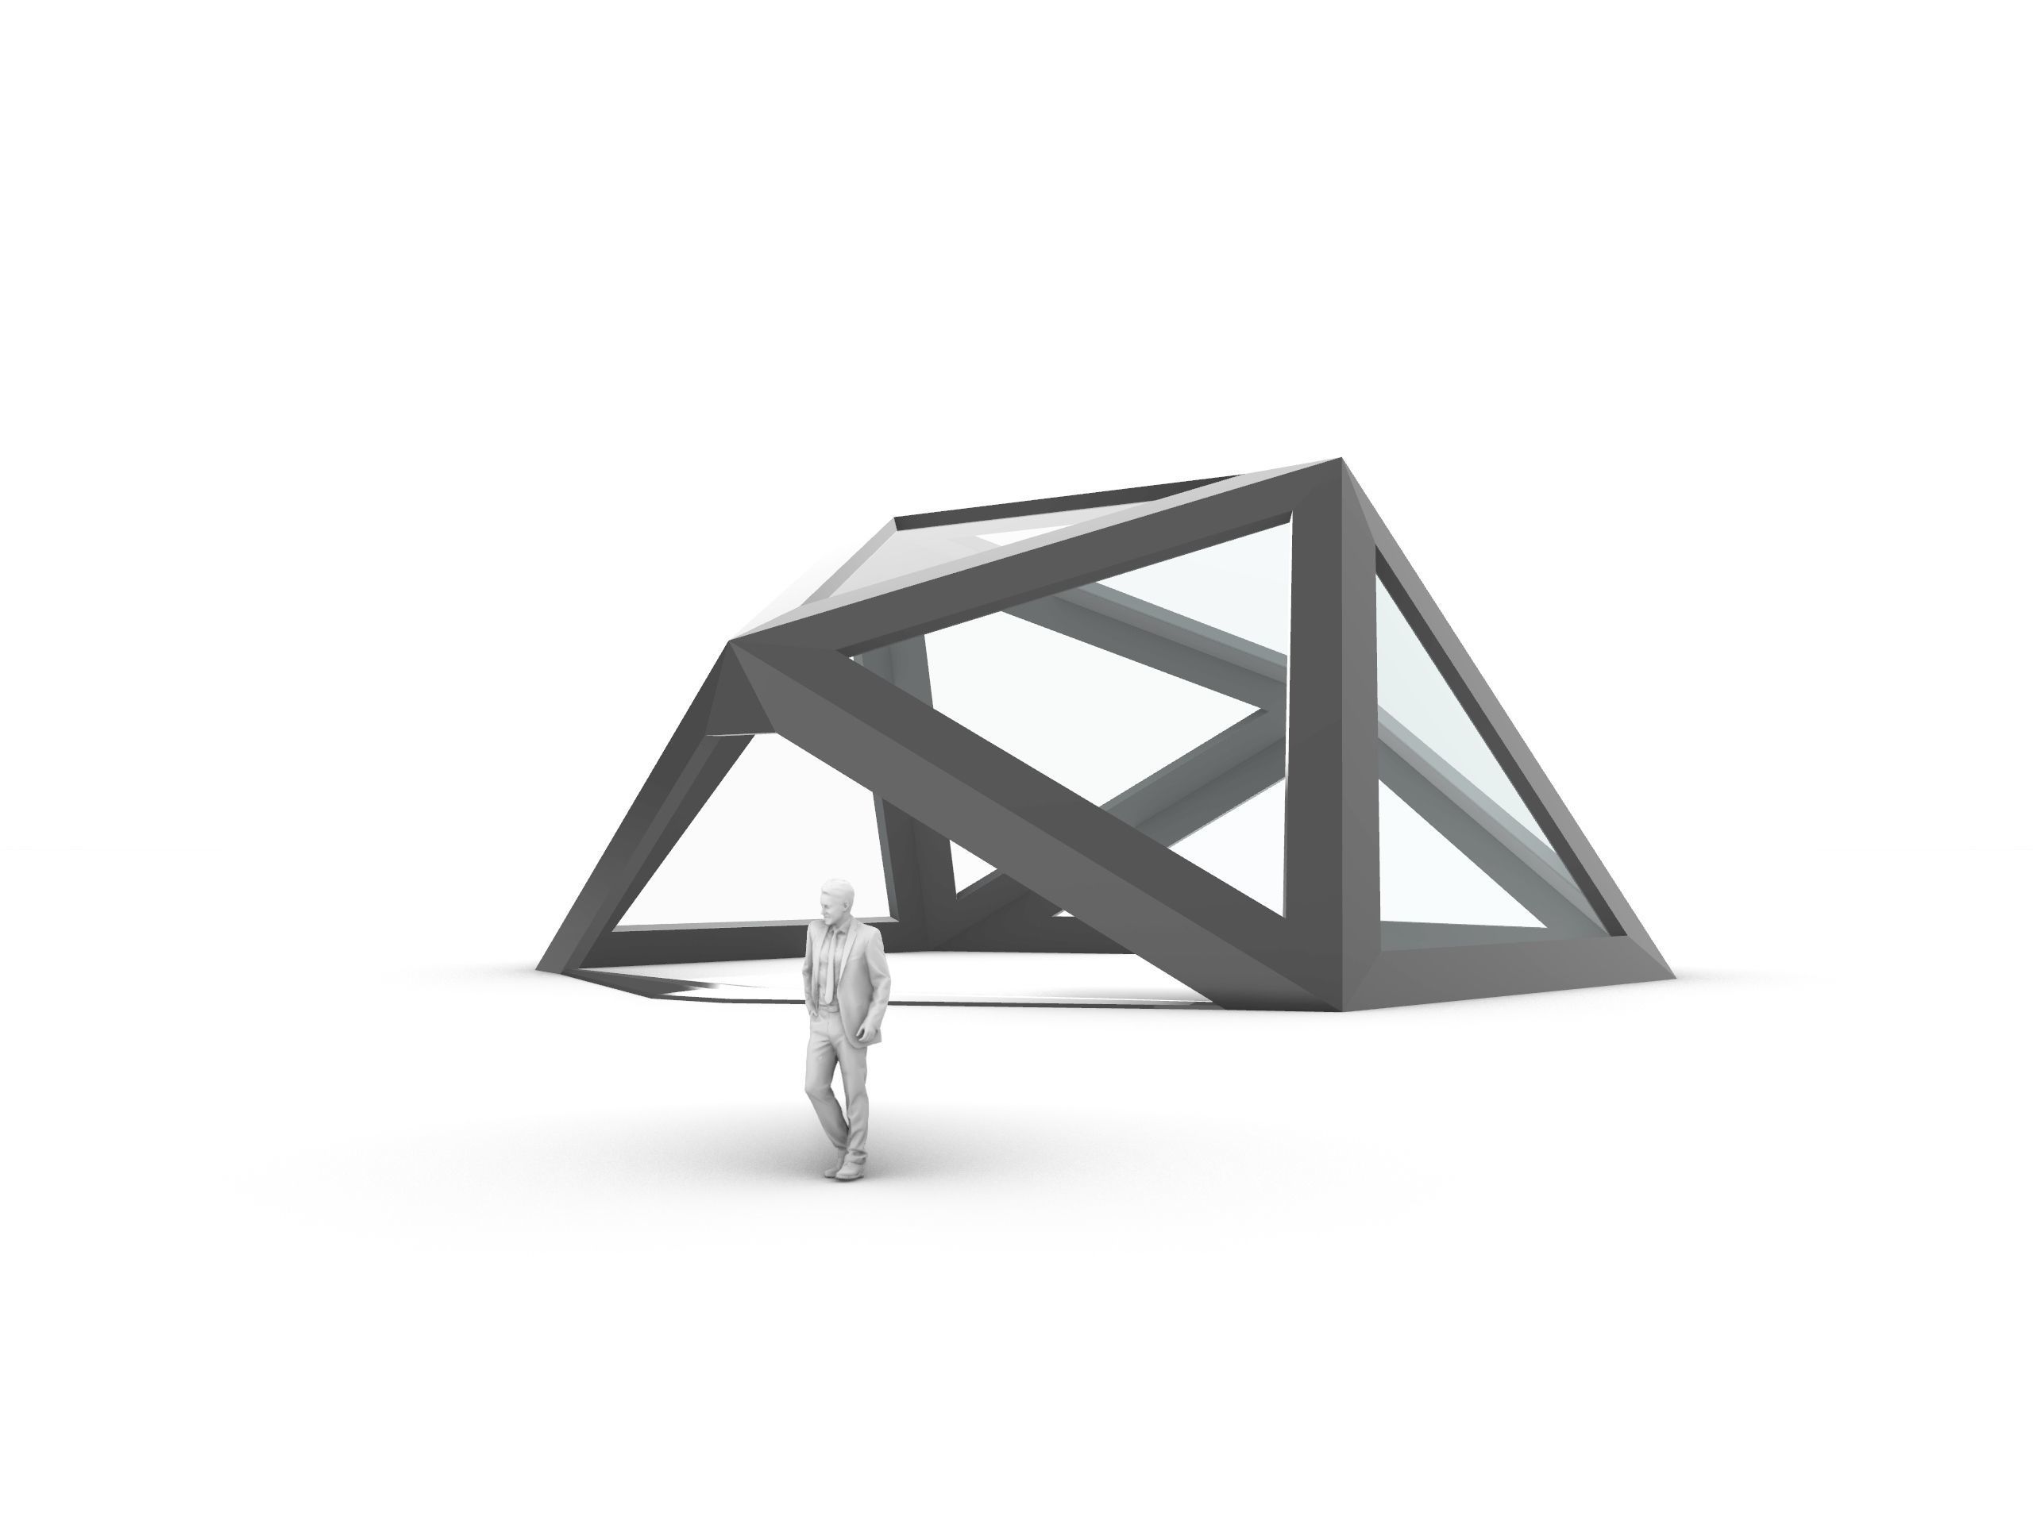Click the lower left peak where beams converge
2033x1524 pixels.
(735, 644)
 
